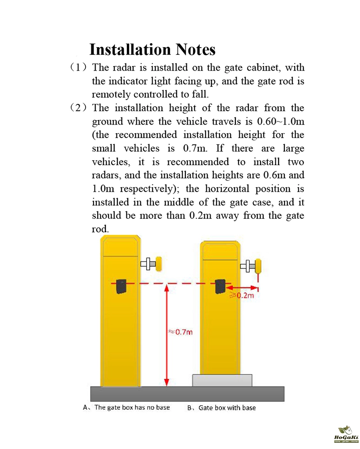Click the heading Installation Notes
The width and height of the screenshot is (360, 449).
click(x=152, y=49)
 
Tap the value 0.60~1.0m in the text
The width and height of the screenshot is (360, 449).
click(x=280, y=121)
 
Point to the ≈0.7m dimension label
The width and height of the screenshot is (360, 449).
click(x=180, y=332)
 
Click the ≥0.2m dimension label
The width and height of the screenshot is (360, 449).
click(x=243, y=296)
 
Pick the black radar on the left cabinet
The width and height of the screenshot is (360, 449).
click(x=121, y=286)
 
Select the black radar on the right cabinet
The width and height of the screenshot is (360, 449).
click(x=220, y=286)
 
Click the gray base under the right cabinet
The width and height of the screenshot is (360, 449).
click(x=222, y=380)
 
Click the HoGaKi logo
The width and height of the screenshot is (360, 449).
click(x=346, y=434)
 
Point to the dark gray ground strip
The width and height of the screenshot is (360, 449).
click(x=187, y=393)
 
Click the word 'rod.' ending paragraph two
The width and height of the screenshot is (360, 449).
click(x=100, y=229)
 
